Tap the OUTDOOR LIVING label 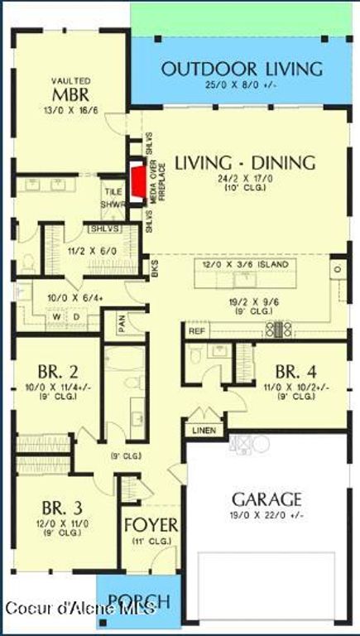tap(242, 69)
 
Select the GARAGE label tap(266, 499)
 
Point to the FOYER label tap(150, 526)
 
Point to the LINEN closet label tap(204, 431)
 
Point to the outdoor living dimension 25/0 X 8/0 tap(242, 85)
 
